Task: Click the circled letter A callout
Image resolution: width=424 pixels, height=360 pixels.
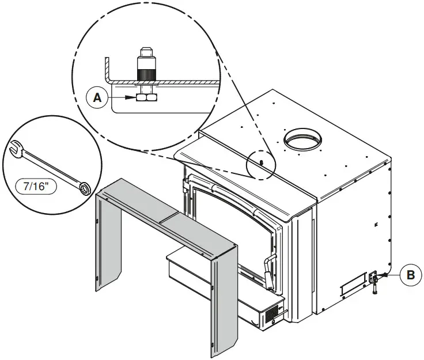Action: [97, 97]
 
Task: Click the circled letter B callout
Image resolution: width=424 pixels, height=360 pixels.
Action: [411, 275]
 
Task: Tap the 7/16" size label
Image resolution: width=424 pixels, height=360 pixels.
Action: [36, 187]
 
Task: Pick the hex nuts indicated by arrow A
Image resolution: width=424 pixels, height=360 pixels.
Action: [146, 97]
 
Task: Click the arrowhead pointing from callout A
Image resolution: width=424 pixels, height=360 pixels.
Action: [130, 97]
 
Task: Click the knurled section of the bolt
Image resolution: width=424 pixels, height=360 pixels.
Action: [146, 75]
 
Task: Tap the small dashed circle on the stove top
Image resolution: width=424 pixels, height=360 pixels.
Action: [261, 165]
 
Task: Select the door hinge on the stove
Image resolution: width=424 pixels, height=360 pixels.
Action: [185, 185]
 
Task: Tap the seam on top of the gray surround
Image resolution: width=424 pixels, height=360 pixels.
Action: [169, 218]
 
